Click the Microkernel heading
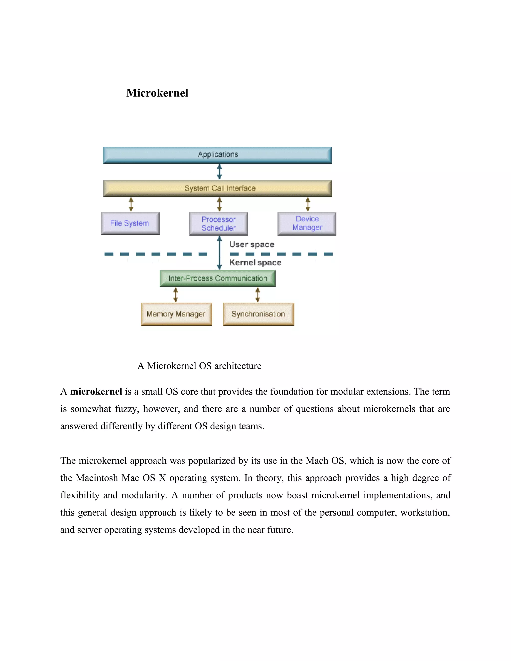(157, 93)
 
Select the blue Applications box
(217, 155)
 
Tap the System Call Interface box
(217, 188)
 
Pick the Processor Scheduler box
(218, 224)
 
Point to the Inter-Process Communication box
(217, 278)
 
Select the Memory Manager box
(176, 314)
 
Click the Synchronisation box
(258, 314)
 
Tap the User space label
(252, 244)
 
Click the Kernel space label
(255, 262)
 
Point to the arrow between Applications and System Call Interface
(220, 172)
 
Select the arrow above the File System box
(131, 204)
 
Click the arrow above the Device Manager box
(308, 204)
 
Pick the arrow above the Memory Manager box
(176, 295)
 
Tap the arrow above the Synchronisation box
(257, 295)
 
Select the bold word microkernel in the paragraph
(96, 392)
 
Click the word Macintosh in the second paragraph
(97, 478)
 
